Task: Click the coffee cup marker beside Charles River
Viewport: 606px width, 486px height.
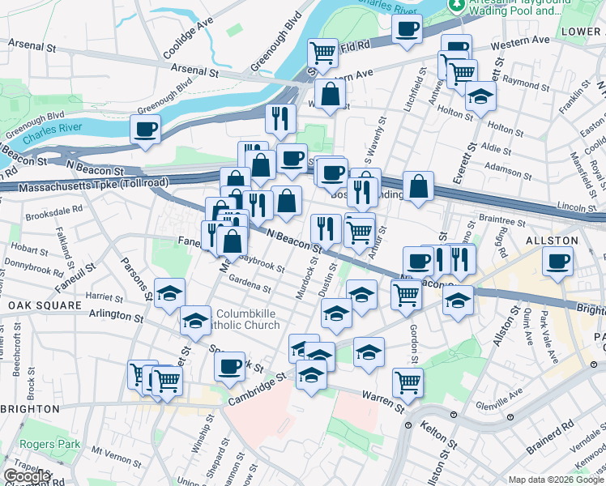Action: coord(145,129)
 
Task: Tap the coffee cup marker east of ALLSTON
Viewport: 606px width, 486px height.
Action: coord(559,262)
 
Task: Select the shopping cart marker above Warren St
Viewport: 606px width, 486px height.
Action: coord(408,382)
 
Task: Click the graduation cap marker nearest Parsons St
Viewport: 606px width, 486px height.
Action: coord(170,293)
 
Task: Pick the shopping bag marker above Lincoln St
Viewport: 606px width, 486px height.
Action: coord(418,186)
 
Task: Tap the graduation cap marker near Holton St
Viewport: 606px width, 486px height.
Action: coord(480,98)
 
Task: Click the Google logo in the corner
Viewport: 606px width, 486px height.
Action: coord(27,476)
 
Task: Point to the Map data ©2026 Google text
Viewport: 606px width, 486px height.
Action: coord(556,480)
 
